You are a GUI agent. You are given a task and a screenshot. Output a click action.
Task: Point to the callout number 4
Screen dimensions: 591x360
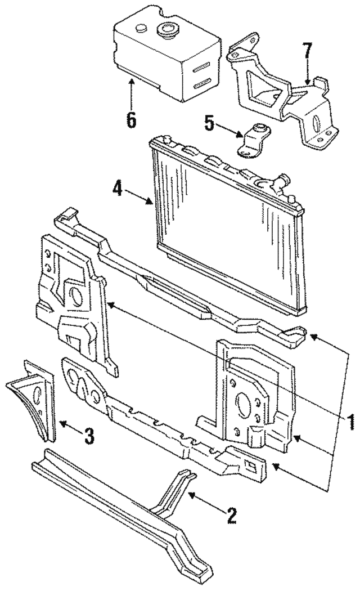click(x=117, y=187)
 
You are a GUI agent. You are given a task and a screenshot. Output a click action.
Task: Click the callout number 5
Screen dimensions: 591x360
click(x=209, y=123)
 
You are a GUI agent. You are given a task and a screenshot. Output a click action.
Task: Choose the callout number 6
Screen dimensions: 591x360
click(x=131, y=119)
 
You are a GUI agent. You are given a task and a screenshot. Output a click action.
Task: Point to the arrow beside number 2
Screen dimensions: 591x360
click(x=202, y=501)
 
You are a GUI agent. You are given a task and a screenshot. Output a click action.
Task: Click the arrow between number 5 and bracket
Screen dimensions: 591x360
click(x=231, y=131)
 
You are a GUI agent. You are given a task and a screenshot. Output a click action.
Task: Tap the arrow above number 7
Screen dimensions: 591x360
click(x=307, y=76)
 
